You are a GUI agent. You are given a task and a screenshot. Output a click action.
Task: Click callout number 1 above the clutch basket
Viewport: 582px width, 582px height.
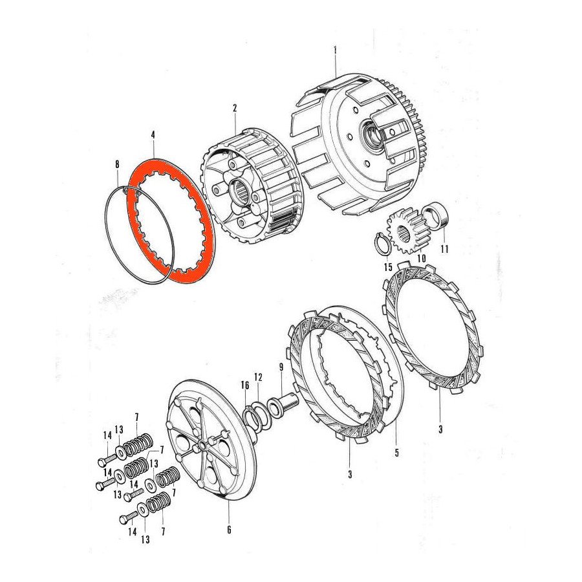point(336,50)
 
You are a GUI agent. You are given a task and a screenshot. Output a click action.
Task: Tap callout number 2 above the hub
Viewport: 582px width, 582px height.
point(234,107)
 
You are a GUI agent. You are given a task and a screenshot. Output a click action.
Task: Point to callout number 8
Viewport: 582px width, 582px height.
point(117,164)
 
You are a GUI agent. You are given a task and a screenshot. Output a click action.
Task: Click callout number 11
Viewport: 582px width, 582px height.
point(444,248)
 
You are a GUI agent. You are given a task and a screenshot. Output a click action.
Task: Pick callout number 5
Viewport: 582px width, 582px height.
point(396,453)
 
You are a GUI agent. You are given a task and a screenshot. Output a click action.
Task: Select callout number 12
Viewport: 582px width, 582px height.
point(257,376)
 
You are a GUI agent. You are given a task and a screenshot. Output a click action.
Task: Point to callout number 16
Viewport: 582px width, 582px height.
point(244,385)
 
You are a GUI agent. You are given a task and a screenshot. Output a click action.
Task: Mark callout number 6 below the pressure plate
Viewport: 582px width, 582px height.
point(228,530)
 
